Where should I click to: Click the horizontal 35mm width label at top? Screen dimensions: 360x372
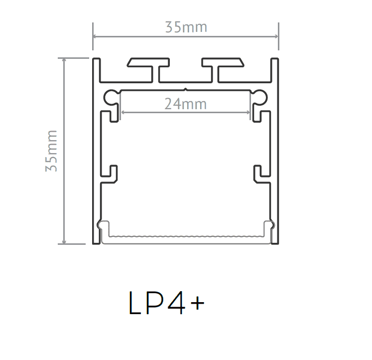pos(186,27)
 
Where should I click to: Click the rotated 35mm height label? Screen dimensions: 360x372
pos(52,151)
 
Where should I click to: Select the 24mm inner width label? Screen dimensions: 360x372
pos(185,104)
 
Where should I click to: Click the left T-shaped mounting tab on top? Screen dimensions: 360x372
pos(148,63)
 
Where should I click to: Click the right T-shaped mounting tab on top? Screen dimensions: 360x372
pos(223,63)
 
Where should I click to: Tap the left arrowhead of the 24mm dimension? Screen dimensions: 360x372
pos(123,113)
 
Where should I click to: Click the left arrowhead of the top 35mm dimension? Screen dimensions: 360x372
pos(95,36)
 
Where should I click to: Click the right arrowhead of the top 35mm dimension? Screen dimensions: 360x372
pos(276,36)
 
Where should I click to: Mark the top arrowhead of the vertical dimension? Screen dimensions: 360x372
pos(64,60)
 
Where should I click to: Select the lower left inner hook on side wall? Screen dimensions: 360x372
pos(113,172)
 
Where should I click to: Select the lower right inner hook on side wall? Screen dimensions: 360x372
pos(258,172)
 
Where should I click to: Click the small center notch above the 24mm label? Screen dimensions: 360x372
pos(185,90)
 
